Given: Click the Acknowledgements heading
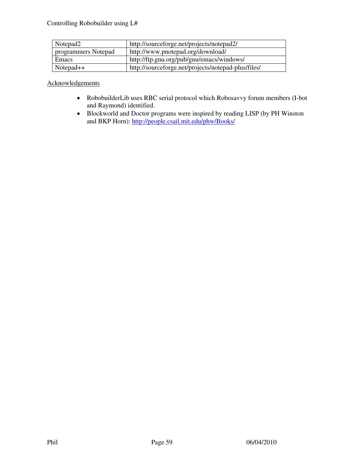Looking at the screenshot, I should coord(73,83).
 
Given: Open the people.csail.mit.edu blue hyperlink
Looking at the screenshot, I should coord(183,121).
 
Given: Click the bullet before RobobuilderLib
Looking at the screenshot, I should coord(78,98).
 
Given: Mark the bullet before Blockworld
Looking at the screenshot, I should coord(78,114).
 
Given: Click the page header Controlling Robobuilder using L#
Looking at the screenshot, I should coord(93,23).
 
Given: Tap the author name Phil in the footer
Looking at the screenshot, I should coord(52,442).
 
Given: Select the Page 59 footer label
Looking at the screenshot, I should coord(162,442).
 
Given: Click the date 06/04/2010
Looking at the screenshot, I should coord(261,442).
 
